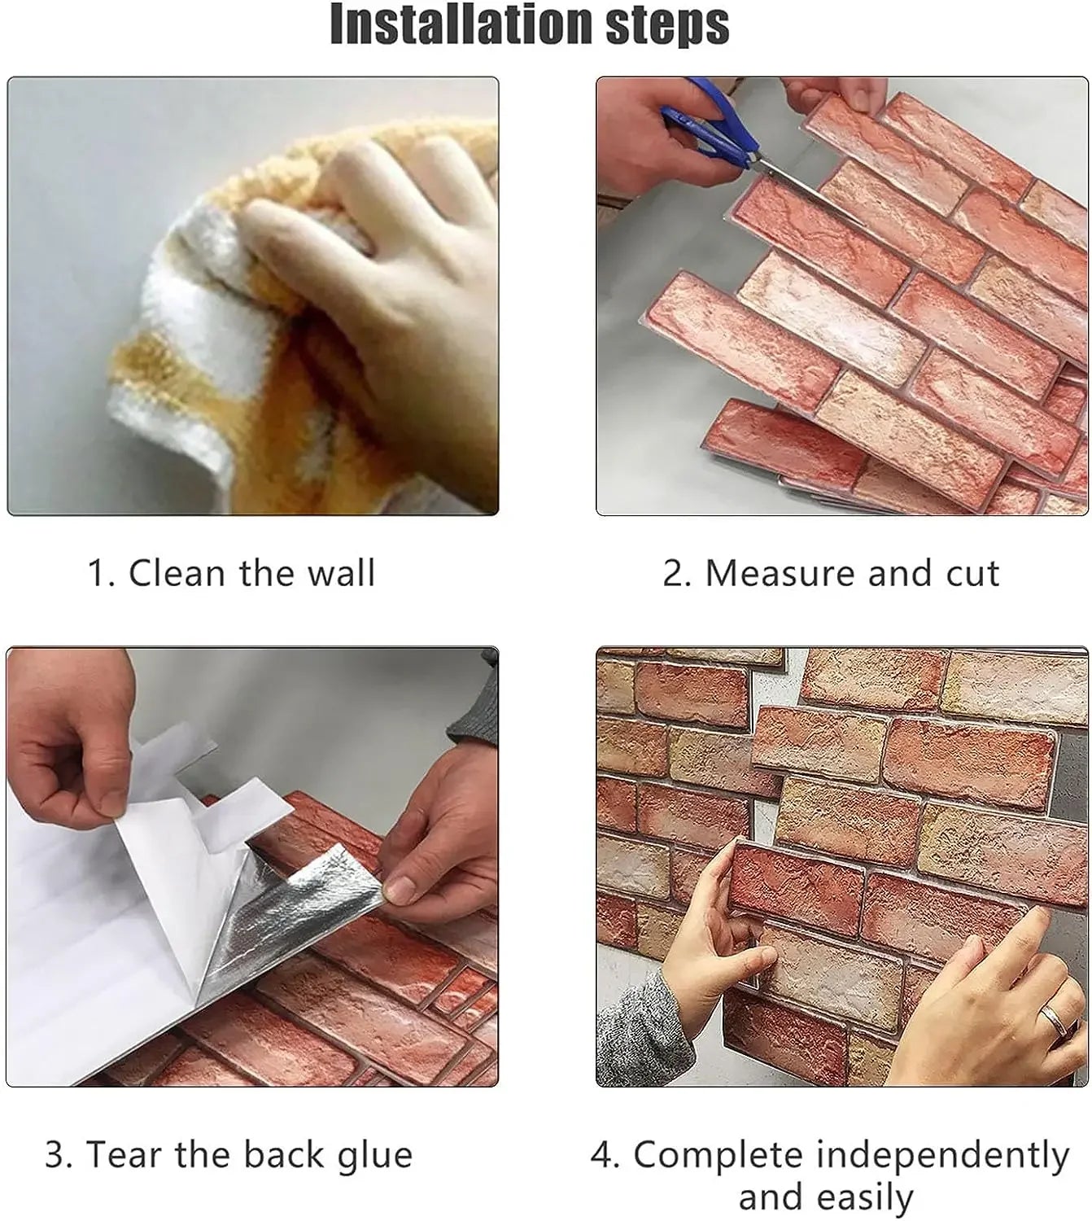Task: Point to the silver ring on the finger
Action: pyautogui.click(x=1055, y=1017)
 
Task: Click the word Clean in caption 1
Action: pyautogui.click(x=178, y=573)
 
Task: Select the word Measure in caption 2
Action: pyautogui.click(x=779, y=573)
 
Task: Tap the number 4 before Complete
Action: pyautogui.click(x=603, y=1155)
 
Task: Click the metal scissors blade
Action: pyautogui.click(x=802, y=186)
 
